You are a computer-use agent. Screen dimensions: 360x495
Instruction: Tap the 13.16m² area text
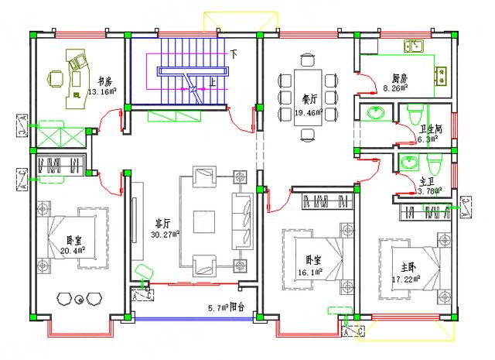[102, 91]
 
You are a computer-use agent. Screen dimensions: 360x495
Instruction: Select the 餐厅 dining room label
[302, 98]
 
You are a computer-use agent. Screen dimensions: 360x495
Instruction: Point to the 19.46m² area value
[308, 112]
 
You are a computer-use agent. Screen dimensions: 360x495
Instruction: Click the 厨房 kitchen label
[399, 79]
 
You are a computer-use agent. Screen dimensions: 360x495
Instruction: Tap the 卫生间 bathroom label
[430, 129]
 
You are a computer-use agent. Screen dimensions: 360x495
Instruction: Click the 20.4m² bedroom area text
[72, 250]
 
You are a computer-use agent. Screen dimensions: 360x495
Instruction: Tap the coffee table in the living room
[205, 221]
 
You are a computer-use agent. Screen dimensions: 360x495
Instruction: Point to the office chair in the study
[56, 78]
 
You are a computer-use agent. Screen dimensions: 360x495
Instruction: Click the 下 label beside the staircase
[233, 53]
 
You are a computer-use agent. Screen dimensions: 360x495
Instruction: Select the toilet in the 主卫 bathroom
[434, 164]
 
